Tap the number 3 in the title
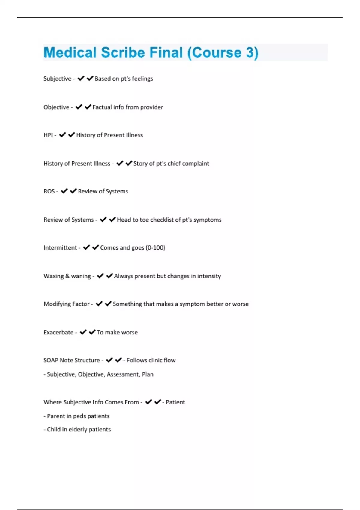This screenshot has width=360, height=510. click(250, 52)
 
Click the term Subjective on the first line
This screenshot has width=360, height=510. click(57, 79)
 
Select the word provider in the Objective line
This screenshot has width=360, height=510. click(151, 107)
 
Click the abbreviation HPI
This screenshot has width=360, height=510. click(48, 135)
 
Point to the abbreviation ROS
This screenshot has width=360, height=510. click(49, 191)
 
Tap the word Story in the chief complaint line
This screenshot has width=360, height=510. click(140, 163)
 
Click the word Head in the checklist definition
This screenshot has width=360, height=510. click(124, 220)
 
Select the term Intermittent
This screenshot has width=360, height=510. click(60, 248)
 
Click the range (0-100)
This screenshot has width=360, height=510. click(155, 248)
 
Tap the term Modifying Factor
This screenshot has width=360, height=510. click(66, 304)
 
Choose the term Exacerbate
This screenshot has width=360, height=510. click(58, 332)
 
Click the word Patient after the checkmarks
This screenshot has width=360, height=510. click(175, 402)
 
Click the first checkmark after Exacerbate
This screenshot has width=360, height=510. click(83, 332)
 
